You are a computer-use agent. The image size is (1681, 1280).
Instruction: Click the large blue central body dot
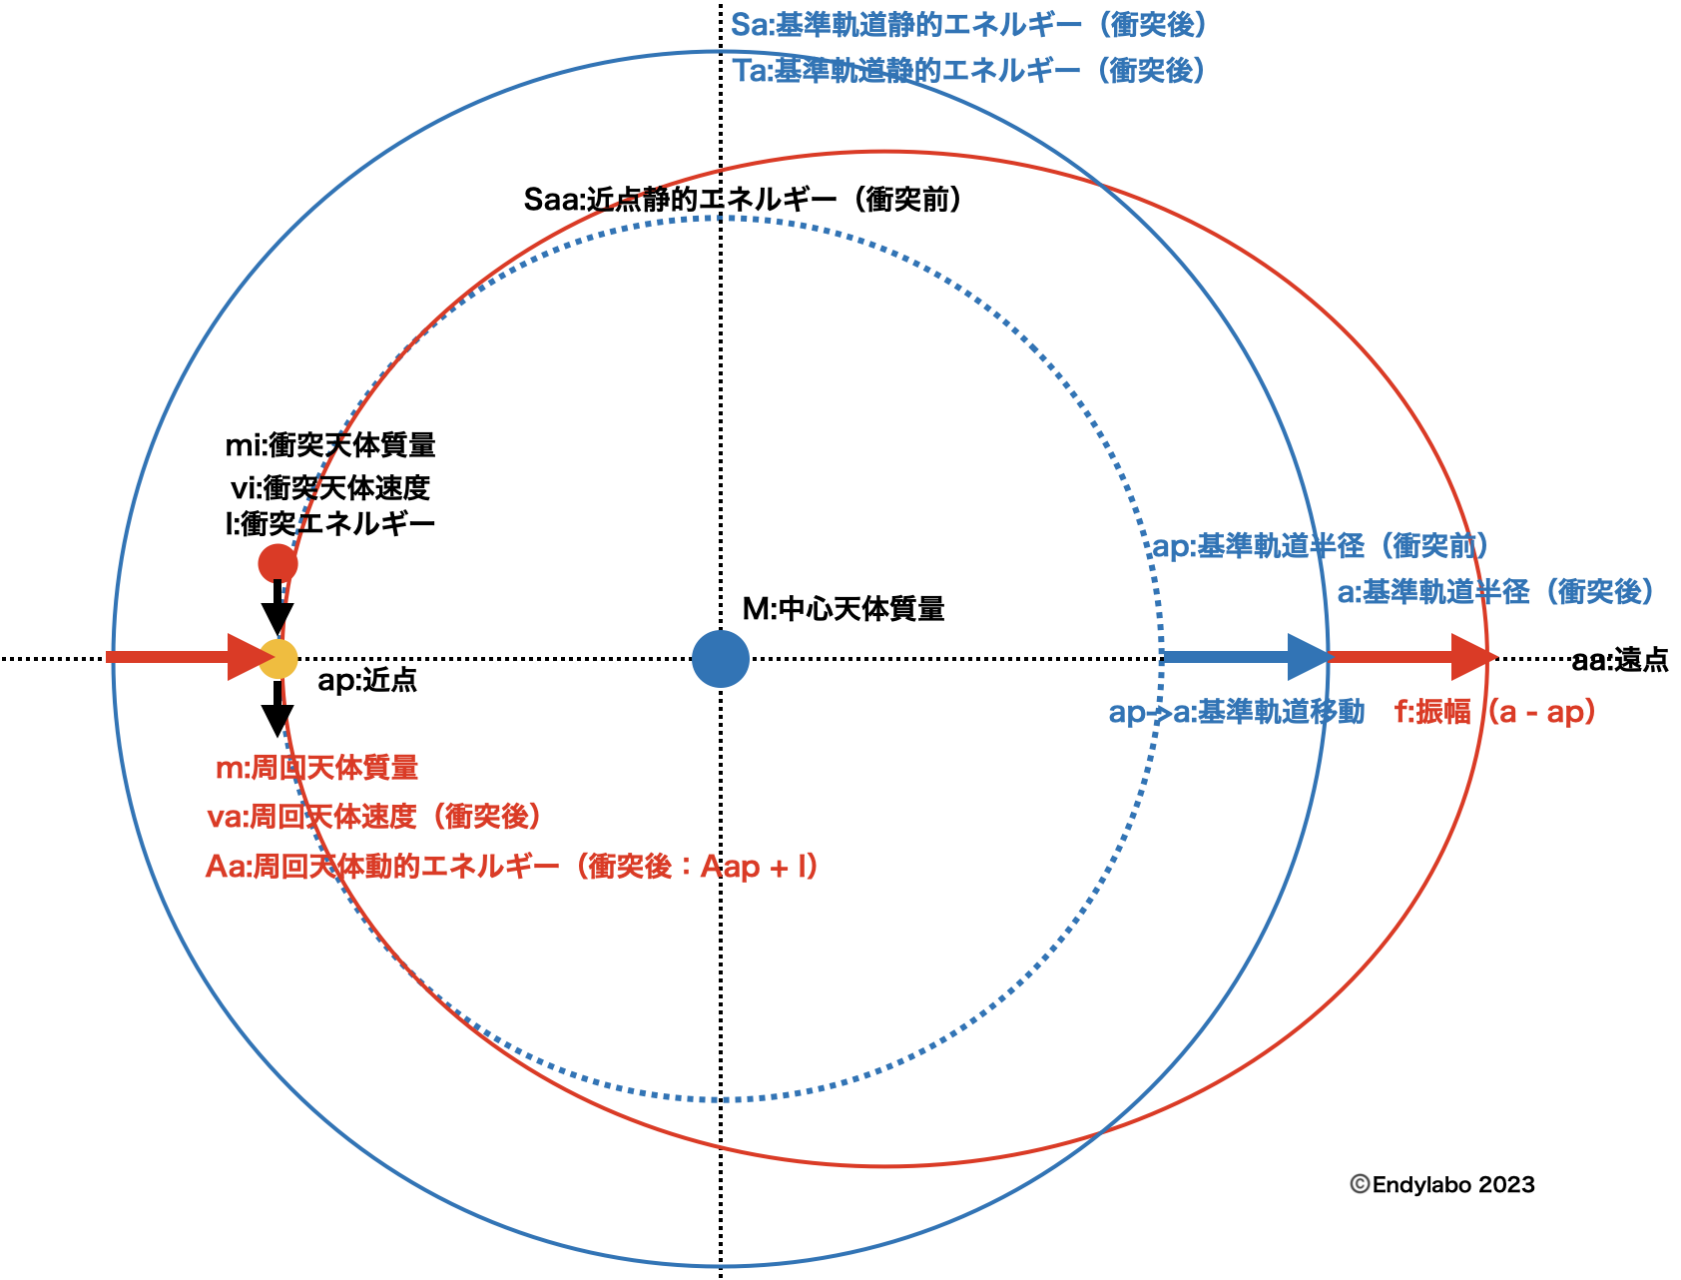point(720,659)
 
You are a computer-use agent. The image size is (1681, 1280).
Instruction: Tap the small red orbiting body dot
point(278,563)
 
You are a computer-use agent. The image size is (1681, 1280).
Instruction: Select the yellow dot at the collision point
point(280,659)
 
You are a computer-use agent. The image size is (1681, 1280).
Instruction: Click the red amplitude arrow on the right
point(1412,657)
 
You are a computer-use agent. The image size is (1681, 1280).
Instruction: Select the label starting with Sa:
point(968,25)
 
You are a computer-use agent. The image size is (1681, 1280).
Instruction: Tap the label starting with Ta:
point(968,71)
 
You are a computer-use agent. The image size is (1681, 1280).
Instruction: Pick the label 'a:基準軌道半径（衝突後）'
point(1495,592)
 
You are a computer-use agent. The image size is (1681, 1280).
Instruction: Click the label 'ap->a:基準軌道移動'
point(1236,712)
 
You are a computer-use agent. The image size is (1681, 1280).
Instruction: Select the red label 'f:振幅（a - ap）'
point(1494,712)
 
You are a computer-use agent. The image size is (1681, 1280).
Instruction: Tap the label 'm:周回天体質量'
point(317,768)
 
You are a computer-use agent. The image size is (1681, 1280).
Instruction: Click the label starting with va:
point(374,817)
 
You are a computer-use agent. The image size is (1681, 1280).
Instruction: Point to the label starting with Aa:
point(511,866)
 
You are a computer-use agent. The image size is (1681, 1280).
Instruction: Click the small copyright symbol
point(1360,1184)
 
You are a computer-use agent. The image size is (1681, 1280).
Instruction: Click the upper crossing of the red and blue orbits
point(1100,185)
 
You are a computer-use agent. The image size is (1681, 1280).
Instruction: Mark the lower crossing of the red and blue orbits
point(1100,1132)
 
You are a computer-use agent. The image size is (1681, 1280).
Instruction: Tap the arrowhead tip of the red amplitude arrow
point(1496,657)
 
